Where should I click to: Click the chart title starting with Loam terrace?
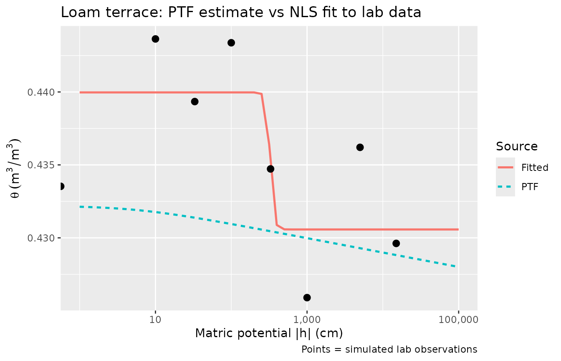coord(241,13)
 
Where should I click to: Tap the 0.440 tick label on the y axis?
coord(41,92)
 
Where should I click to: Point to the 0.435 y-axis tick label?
coord(41,165)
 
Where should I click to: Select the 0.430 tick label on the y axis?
coord(41,238)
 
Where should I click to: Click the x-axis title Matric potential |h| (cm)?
coord(269,333)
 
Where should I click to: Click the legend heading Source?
coord(517,147)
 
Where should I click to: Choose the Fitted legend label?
coord(535,168)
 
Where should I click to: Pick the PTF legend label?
coord(530,187)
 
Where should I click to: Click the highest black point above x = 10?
coord(155,39)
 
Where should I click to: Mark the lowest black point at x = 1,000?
coord(307,297)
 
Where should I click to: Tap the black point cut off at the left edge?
coord(61,186)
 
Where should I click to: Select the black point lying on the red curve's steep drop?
coord(270,169)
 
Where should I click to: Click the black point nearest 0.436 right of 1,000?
coord(360,147)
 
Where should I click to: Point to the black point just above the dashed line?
coord(396,243)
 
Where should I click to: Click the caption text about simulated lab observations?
coord(389,349)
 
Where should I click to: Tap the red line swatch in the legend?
coord(505,168)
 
